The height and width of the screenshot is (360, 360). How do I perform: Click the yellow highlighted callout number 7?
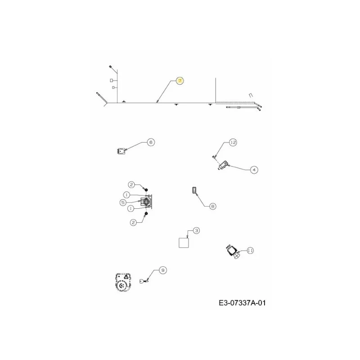point(180,81)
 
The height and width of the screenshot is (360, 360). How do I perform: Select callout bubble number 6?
point(151,142)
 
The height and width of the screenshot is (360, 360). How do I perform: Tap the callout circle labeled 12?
point(233,142)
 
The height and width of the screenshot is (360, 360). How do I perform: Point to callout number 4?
point(254,170)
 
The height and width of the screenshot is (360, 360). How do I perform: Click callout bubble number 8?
point(212,207)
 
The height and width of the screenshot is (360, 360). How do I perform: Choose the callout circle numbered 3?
point(196,230)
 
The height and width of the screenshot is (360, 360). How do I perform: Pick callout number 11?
point(250,251)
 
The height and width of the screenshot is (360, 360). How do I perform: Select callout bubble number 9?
point(163,270)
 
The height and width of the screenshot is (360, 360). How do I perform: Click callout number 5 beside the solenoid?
point(123,202)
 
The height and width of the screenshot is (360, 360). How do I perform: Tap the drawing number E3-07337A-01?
point(242,303)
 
